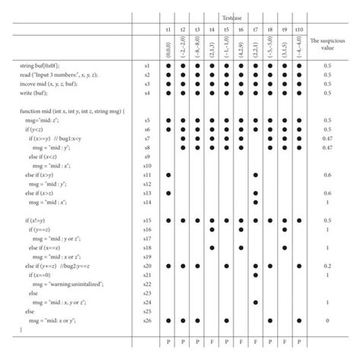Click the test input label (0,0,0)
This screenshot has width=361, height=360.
point(168,49)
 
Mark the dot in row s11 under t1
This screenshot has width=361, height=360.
point(168,175)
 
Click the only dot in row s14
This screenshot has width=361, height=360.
point(255,202)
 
